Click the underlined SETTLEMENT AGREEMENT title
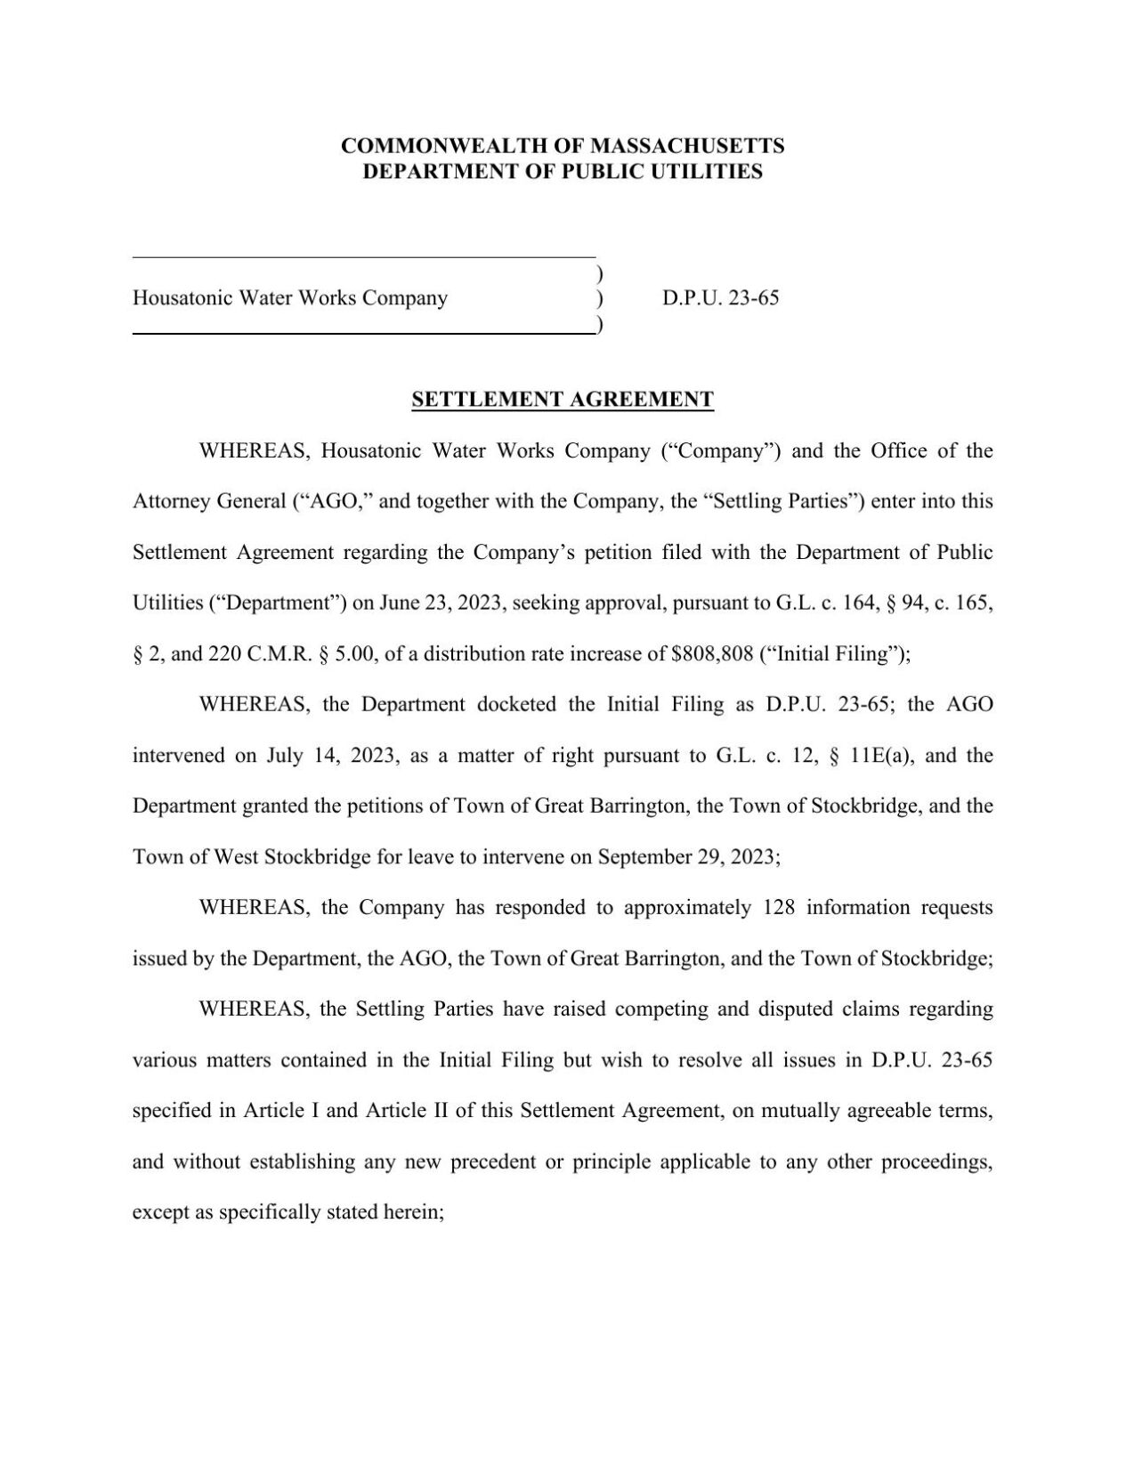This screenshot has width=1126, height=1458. tap(563, 400)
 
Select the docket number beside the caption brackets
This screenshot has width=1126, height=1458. tap(720, 298)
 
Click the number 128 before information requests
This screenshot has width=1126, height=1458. tap(780, 908)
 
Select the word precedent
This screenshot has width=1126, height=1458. tap(492, 1162)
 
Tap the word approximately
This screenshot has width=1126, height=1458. tap(687, 908)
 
